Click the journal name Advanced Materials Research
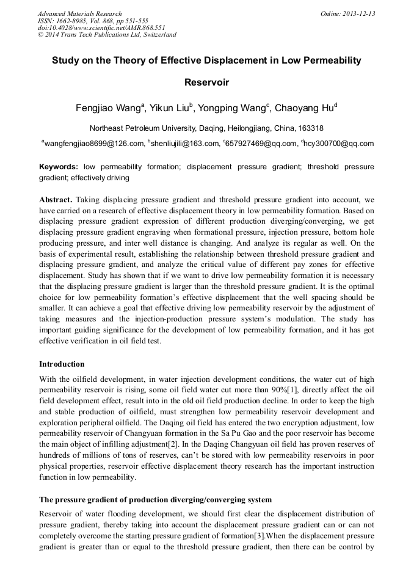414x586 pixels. (79, 13)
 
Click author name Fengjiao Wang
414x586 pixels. (108, 109)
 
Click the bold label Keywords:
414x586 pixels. (59, 167)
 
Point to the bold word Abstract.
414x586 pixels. (56, 200)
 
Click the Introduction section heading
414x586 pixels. (62, 364)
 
